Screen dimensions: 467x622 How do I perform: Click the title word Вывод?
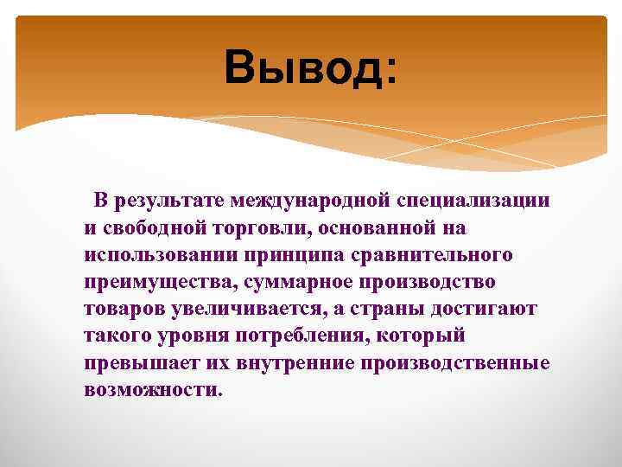click(301, 67)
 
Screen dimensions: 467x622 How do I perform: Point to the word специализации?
click(473, 202)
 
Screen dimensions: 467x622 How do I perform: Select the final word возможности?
click(153, 389)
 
